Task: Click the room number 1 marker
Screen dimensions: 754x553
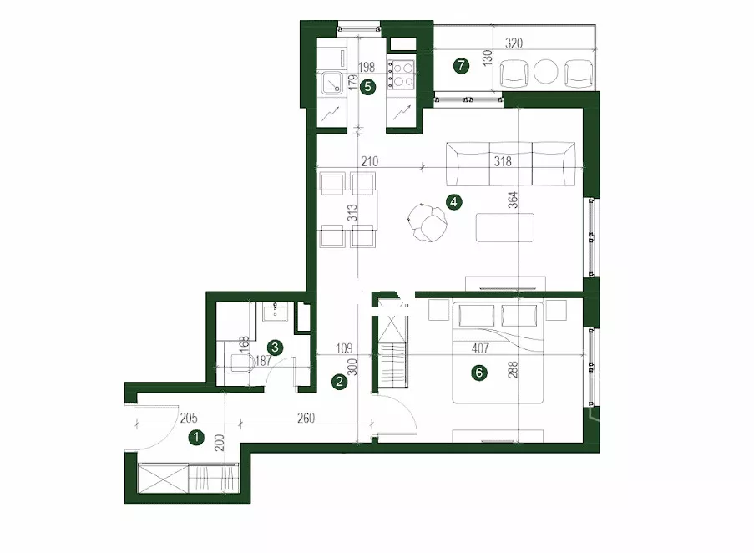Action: pos(196,438)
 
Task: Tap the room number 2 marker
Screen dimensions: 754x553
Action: pos(340,382)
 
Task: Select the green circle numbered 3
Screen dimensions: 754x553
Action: pos(275,348)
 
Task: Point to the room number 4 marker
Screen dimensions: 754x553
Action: pos(454,202)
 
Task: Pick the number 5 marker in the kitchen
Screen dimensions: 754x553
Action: pos(368,87)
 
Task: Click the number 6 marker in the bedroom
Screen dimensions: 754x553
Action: pos(479,373)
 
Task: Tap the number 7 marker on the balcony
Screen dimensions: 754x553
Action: pos(462,65)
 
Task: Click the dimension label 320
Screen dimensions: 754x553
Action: pos(514,43)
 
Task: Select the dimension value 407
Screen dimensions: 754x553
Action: pos(480,348)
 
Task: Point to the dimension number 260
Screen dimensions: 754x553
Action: pos(306,418)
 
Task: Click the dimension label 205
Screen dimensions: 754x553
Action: pos(189,419)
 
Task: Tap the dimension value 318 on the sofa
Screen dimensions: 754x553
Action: pos(503,161)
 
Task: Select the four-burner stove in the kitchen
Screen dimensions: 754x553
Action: pos(402,74)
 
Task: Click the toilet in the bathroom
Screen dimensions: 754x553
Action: pos(240,363)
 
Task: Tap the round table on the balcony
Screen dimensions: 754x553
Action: pos(546,72)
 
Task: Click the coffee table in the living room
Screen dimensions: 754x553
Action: pos(505,227)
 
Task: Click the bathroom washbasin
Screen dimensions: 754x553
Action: pos(275,312)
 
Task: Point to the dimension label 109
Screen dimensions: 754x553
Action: pos(344,348)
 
